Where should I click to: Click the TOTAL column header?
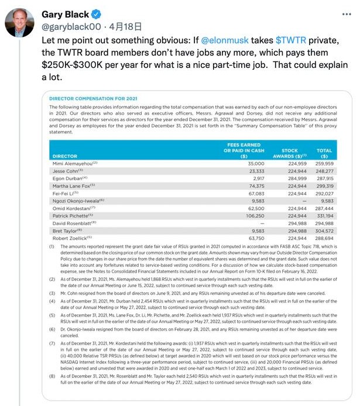coord(324,150)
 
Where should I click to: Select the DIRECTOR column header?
coord(65,157)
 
